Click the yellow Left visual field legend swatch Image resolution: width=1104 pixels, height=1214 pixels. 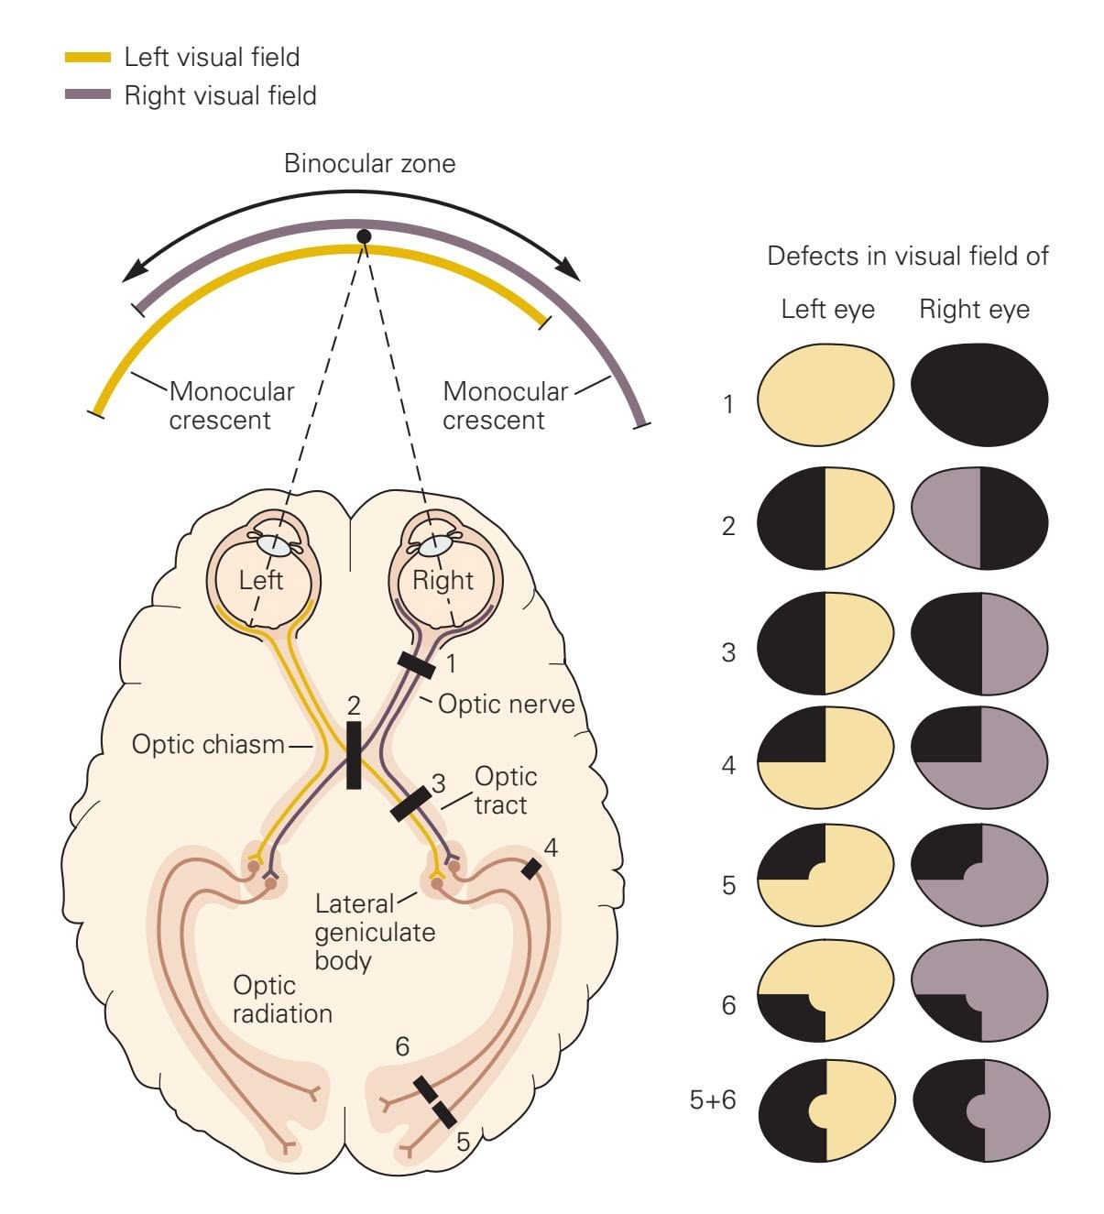click(88, 58)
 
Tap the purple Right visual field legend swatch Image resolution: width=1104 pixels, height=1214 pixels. click(88, 95)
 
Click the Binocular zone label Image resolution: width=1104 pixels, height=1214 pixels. click(369, 164)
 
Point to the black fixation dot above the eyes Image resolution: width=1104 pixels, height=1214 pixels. click(364, 236)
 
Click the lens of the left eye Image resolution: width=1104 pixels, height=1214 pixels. click(272, 544)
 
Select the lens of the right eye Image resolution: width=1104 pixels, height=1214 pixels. click(432, 544)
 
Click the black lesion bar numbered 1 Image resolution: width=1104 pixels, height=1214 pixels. click(416, 665)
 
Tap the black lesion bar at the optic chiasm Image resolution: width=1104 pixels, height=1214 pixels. click(354, 755)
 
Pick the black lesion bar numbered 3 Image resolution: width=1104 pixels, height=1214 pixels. click(410, 803)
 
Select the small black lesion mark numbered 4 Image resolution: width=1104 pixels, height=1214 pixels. click(530, 868)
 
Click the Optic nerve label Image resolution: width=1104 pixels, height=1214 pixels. click(506, 704)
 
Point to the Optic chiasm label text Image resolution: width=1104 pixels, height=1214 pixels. click(208, 743)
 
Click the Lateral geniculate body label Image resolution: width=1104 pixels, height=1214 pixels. click(375, 932)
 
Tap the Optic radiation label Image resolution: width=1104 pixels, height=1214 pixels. click(281, 1000)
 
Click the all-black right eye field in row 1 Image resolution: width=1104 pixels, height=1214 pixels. click(980, 395)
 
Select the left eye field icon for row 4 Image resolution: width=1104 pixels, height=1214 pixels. click(825, 760)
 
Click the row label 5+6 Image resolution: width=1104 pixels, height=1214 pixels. click(713, 1099)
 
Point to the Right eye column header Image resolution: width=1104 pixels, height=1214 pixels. click(974, 310)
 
